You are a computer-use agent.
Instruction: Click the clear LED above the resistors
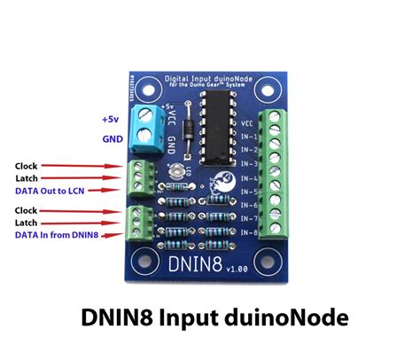click(x=182, y=170)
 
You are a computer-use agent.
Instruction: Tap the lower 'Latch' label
click(x=27, y=223)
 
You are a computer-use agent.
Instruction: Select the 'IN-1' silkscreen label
click(x=251, y=137)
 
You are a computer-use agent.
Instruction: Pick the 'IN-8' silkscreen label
click(x=251, y=232)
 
